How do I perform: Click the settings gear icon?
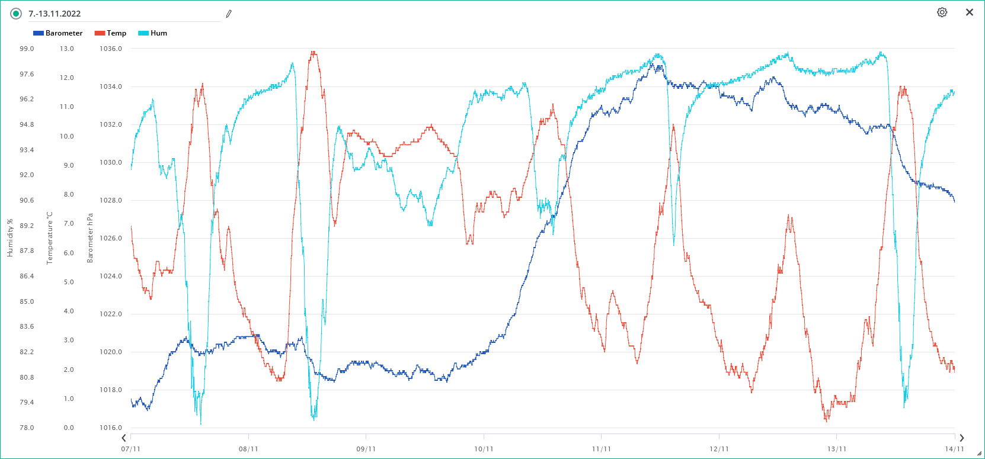942,12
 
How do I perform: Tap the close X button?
970,12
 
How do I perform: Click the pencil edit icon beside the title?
229,14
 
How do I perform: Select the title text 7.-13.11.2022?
55,14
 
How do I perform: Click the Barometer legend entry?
58,33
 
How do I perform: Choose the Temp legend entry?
110,33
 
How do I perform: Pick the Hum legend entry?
152,33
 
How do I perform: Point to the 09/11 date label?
366,449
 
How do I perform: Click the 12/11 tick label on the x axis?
719,449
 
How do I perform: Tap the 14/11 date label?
954,449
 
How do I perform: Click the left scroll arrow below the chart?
124,438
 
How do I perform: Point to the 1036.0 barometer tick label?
111,49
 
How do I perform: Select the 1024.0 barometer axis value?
111,276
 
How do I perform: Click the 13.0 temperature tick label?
67,49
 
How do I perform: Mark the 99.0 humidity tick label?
27,49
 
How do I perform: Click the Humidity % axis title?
10,237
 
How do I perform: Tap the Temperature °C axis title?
50,238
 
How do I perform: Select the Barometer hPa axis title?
90,238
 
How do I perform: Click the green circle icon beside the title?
16,14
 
